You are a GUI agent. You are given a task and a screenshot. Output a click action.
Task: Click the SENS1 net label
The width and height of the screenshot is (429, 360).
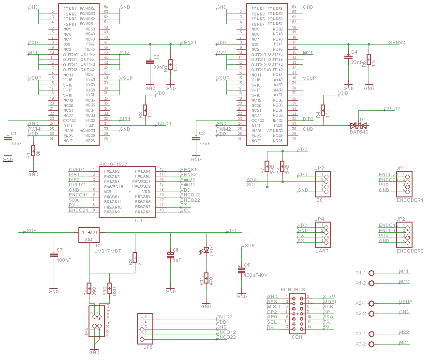tap(188, 43)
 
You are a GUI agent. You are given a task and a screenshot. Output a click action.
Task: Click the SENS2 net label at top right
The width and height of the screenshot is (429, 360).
tap(397, 43)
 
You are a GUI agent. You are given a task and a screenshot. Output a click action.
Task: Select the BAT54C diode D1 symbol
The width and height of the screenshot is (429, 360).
tap(359, 126)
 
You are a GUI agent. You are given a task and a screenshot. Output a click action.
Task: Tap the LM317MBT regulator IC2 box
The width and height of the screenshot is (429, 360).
tap(89, 235)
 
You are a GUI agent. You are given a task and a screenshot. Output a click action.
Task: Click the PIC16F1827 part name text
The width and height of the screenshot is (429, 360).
tap(113, 165)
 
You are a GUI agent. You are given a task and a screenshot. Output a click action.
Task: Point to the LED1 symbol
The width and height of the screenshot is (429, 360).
tap(206, 251)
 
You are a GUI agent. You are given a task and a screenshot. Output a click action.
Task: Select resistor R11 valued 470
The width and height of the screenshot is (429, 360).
tap(206, 279)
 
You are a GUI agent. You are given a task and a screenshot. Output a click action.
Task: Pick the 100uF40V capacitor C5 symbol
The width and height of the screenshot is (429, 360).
tap(240, 270)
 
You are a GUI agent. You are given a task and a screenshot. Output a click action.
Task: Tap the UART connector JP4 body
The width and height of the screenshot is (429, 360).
tap(323, 233)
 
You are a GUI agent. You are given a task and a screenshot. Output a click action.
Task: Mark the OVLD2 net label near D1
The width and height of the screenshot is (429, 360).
tap(392, 109)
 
